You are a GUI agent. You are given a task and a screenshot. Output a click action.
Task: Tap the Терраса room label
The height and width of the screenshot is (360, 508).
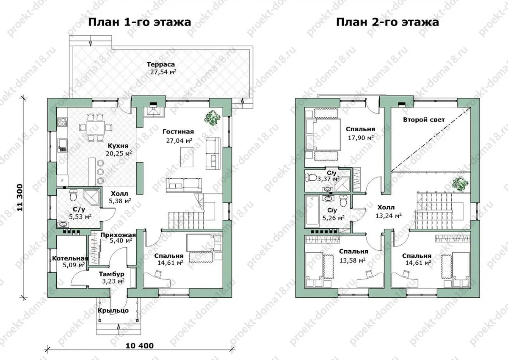(161, 64)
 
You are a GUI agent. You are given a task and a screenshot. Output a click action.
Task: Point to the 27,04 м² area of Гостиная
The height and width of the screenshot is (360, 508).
(179, 141)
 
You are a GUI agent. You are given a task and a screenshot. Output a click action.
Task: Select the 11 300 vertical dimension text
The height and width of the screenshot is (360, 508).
(20, 198)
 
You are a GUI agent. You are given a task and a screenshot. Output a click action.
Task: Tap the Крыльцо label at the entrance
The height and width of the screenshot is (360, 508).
(113, 310)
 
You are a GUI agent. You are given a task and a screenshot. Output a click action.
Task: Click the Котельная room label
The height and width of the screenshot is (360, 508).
(70, 259)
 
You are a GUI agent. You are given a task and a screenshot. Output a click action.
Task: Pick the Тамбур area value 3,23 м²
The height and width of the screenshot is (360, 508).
(113, 281)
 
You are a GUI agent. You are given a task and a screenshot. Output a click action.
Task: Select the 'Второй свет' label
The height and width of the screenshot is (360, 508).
(424, 120)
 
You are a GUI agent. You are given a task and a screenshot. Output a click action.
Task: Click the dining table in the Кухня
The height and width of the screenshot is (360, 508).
(96, 127)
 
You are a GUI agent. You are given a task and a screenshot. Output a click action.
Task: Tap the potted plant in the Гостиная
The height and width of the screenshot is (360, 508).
(213, 117)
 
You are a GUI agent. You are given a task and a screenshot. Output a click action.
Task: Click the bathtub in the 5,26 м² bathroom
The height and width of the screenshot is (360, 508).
(312, 211)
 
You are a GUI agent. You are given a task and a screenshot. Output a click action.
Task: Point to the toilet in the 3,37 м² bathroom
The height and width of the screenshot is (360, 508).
(311, 177)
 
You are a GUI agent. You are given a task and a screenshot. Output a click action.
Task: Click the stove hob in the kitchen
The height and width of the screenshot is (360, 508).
(62, 122)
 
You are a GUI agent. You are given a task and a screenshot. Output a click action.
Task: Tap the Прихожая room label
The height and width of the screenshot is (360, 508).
(118, 235)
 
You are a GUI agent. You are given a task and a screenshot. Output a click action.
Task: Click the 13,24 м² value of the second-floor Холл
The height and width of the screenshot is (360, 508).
(389, 215)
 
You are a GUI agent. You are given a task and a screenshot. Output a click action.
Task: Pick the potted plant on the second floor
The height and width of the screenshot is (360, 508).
(460, 184)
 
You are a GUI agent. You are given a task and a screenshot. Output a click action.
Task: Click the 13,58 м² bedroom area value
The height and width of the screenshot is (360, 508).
(352, 260)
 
